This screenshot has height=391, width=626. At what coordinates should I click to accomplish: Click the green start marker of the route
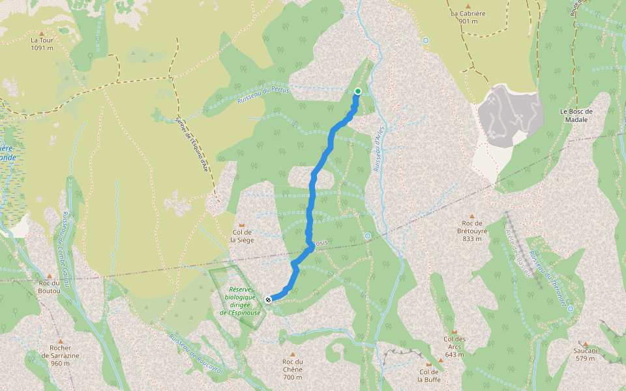pyautogui.click(x=358, y=91)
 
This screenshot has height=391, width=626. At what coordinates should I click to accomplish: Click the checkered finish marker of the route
pyautogui.click(x=269, y=300)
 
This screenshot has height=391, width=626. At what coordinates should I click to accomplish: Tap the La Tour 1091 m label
pyautogui.click(x=42, y=44)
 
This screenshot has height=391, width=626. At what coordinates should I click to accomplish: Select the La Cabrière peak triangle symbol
pyautogui.click(x=468, y=5)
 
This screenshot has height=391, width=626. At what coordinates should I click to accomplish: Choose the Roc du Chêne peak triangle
pyautogui.click(x=293, y=354)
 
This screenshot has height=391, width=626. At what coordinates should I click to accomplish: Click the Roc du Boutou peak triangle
pyautogui.click(x=50, y=276)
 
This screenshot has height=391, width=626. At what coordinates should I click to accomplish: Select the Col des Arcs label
pyautogui.click(x=455, y=343)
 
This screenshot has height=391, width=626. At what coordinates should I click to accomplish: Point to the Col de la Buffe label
pyautogui.click(x=429, y=375)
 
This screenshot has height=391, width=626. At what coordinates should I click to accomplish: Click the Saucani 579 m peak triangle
pyautogui.click(x=585, y=344)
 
